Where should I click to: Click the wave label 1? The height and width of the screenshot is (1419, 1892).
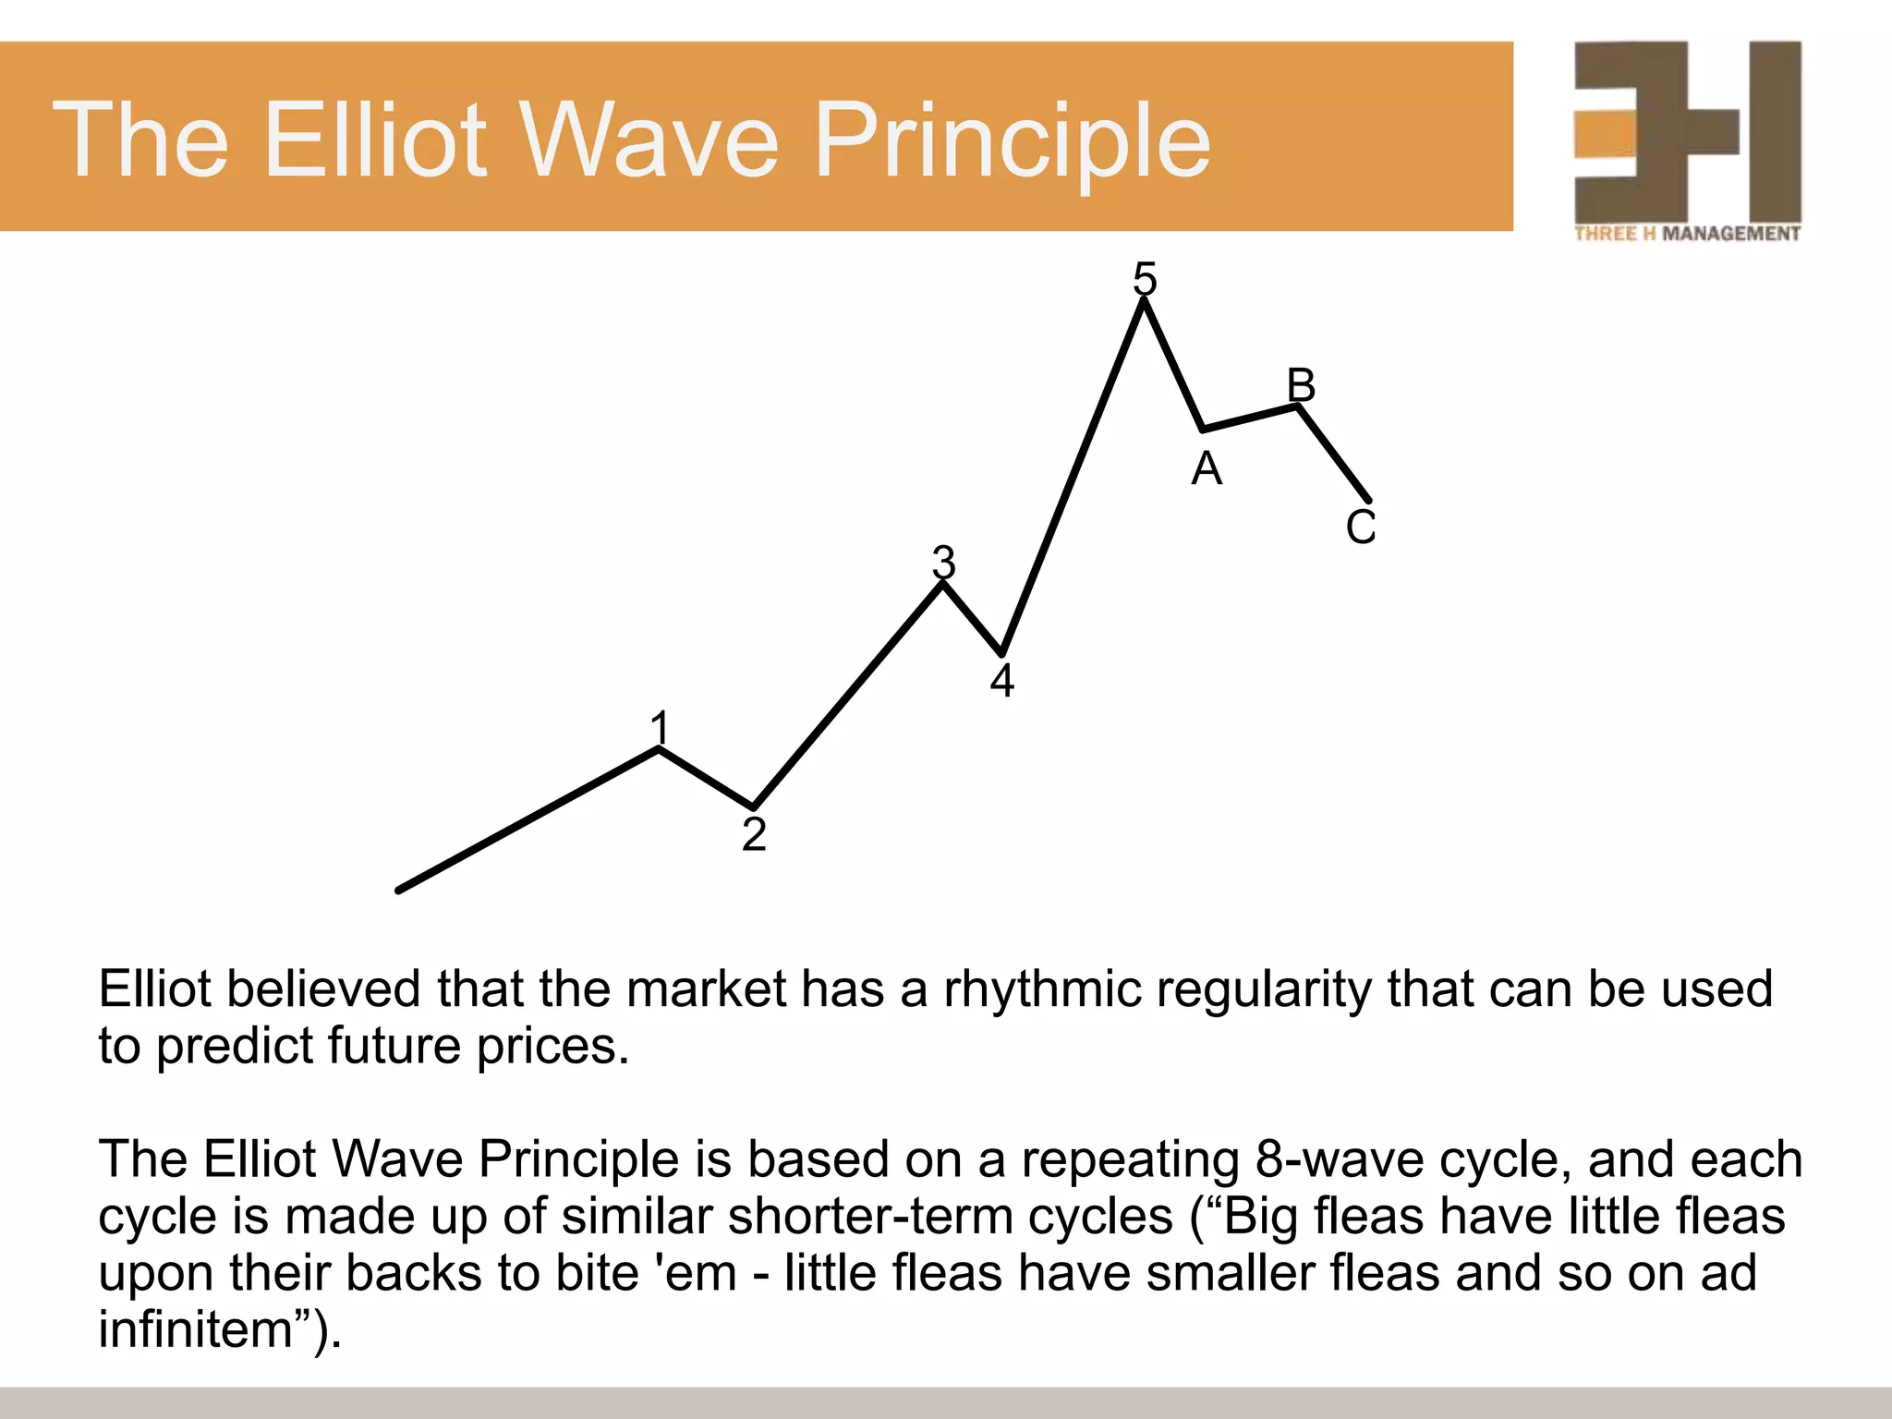click(659, 728)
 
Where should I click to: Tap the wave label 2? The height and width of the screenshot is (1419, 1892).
click(754, 834)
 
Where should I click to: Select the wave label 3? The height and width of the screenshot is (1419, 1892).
click(943, 562)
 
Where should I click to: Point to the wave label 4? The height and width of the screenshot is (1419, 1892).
click(1002, 681)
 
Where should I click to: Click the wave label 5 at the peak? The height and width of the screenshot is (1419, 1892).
click(1145, 278)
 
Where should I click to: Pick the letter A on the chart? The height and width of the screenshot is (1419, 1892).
click(1207, 469)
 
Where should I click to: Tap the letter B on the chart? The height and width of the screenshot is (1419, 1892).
click(1301, 384)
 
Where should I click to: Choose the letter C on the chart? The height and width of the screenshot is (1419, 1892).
click(1361, 528)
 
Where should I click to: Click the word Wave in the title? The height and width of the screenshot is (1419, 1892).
click(650, 140)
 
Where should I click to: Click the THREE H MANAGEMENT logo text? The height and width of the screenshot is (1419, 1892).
click(1687, 234)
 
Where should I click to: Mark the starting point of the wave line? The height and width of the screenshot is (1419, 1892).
click(399, 891)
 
